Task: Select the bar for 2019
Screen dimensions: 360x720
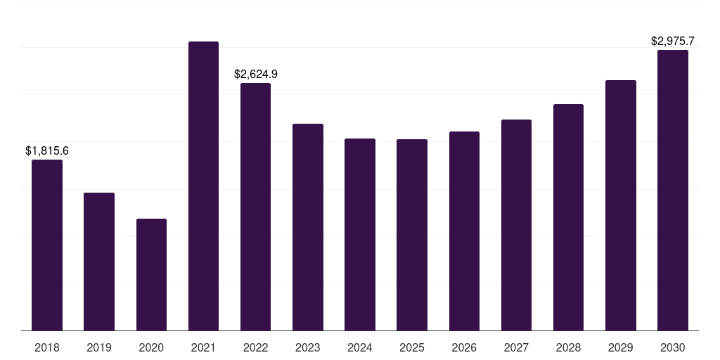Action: [99, 262]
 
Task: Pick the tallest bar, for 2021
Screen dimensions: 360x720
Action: [203, 186]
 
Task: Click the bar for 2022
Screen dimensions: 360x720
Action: [255, 207]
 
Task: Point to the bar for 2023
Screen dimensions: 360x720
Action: [308, 227]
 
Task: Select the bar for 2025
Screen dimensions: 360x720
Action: [412, 235]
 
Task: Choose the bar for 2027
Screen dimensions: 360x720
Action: [516, 225]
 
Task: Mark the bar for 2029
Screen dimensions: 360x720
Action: [620, 205]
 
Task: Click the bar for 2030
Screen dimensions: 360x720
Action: [672, 190]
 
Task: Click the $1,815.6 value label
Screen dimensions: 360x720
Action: [47, 150]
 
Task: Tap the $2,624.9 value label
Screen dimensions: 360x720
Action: [256, 74]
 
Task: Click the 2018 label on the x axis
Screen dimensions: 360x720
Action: [47, 347]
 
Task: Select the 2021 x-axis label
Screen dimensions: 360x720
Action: [203, 347]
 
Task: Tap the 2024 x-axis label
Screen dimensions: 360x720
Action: [360, 347]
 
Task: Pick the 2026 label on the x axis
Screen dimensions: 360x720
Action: [464, 347]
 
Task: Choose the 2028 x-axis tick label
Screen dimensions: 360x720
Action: [568, 347]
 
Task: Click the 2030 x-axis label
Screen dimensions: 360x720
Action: [672, 347]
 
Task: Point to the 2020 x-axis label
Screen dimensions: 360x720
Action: [151, 347]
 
